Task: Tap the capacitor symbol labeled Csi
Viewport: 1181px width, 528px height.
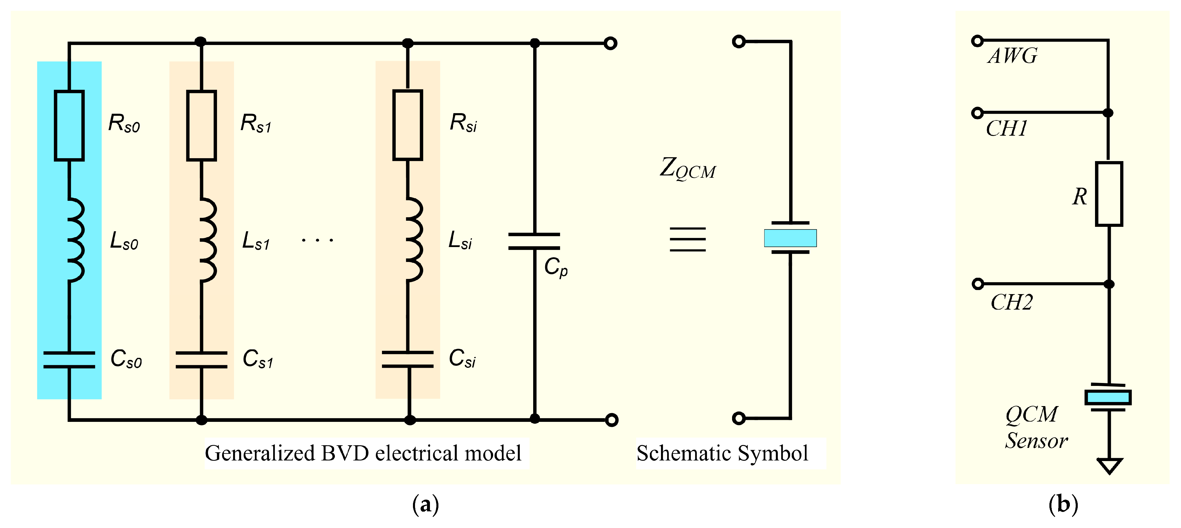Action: tap(408, 359)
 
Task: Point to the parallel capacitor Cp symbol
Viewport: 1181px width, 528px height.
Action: tap(534, 241)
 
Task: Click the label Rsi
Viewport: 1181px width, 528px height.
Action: tap(463, 123)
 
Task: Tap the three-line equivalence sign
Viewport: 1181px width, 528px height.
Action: tap(687, 239)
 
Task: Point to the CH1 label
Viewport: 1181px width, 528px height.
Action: tap(1006, 129)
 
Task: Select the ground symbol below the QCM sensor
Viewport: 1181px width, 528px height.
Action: tap(1109, 466)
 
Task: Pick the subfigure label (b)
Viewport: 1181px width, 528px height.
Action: tap(1063, 505)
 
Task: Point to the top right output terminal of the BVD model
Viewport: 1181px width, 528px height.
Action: tap(610, 44)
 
